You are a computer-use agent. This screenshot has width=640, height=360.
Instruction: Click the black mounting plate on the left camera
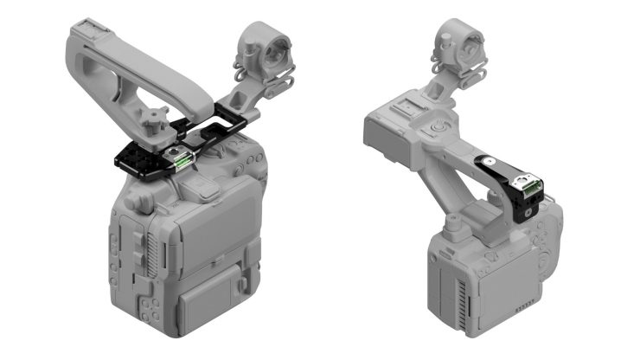138,161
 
